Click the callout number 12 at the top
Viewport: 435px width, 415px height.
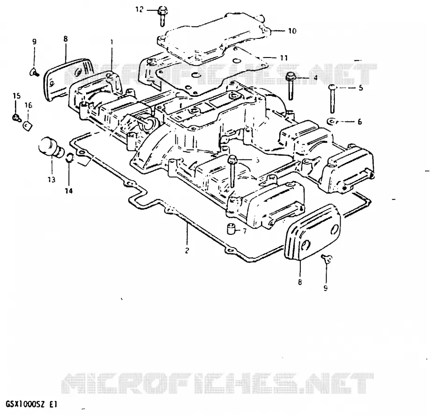point(139,10)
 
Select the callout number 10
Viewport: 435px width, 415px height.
point(292,31)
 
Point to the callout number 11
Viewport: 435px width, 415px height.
point(284,58)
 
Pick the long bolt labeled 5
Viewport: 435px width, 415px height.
point(332,99)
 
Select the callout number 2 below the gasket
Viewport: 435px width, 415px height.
point(187,250)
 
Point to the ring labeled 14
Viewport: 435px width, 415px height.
point(69,158)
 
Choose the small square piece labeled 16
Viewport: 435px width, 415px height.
point(28,126)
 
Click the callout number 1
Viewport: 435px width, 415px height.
point(112,42)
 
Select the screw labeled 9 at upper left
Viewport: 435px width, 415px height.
point(34,73)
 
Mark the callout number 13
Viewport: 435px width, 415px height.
point(51,180)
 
